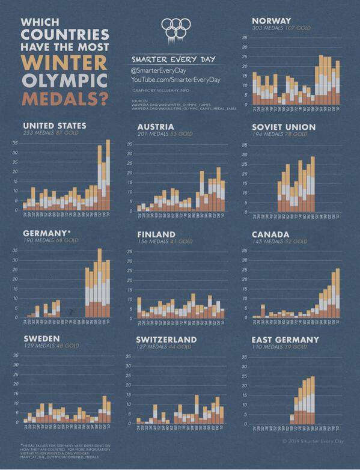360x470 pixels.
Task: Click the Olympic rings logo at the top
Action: click(x=176, y=28)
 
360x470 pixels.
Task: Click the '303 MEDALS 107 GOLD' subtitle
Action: click(x=281, y=28)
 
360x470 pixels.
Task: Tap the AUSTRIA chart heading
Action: click(x=156, y=127)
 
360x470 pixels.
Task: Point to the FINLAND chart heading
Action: click(x=156, y=234)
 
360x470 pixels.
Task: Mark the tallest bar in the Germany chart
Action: click(x=100, y=282)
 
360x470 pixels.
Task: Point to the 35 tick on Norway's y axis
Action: click(x=245, y=38)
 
